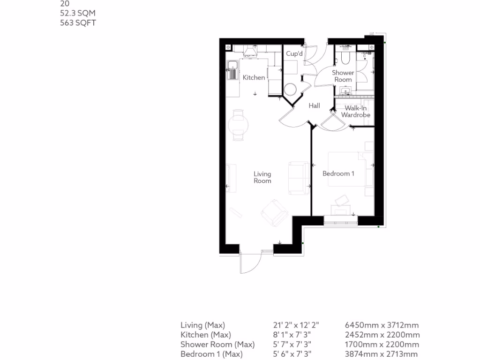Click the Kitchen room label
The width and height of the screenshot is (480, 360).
[x=254, y=77]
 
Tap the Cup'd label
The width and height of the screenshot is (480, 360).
[x=294, y=54]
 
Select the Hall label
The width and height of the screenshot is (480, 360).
[x=314, y=105]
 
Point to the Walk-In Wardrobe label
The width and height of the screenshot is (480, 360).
[x=355, y=112]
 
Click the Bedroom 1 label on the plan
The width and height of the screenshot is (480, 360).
[x=338, y=173]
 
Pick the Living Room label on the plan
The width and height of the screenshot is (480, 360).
[x=262, y=177]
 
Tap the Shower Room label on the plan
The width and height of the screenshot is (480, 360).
[x=343, y=76]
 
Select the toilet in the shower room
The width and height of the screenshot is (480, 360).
[x=345, y=57]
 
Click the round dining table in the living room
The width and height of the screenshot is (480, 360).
[x=238, y=125]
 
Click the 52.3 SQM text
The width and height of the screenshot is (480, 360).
[x=78, y=13]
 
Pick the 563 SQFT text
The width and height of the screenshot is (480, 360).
[x=78, y=22]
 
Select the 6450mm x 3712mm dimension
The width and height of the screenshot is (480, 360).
[x=382, y=325]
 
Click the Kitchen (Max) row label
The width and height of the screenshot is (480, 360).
[x=206, y=335]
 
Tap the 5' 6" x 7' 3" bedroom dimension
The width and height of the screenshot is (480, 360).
[x=292, y=354]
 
